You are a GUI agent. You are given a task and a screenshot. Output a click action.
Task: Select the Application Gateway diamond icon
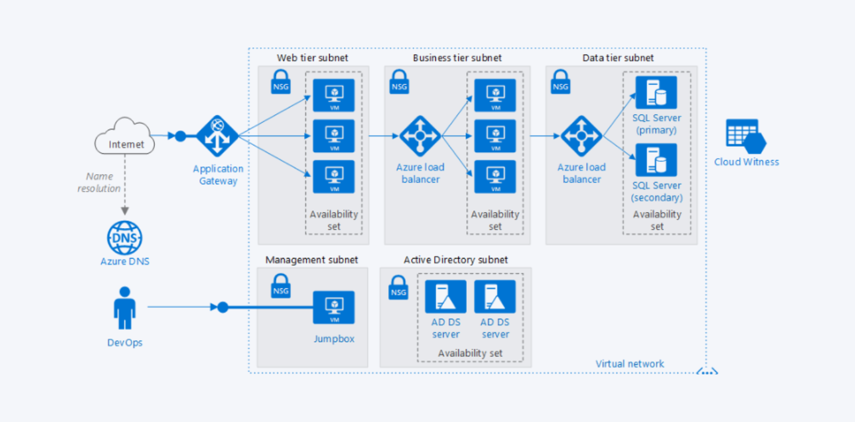217,136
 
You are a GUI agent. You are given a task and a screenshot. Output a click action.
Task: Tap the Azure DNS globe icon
125,238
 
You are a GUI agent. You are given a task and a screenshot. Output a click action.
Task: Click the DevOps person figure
125,308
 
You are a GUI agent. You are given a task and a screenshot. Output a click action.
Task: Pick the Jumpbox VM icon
334,307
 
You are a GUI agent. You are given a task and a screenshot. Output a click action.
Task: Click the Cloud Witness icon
746,136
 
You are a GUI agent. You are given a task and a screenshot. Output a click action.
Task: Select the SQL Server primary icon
656,93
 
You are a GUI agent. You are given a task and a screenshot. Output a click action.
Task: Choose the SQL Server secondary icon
656,160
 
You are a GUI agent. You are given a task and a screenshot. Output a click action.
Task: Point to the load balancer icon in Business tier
420,136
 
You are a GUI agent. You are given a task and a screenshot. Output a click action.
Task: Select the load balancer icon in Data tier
582,136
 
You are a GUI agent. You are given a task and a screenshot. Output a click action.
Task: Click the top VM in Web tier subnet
334,95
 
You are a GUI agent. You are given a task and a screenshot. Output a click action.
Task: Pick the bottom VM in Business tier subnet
495,177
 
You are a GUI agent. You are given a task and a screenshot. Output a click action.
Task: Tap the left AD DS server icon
445,297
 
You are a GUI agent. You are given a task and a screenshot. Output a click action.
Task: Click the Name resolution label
99,182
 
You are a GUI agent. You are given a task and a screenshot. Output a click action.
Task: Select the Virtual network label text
629,364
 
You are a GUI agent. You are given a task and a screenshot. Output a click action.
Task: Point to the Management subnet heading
312,260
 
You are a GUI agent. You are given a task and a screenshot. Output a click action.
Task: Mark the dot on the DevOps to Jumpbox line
223,307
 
